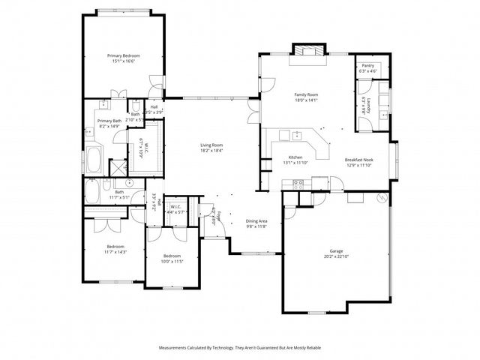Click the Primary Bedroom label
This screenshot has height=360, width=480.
point(124,55)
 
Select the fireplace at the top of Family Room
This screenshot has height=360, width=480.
point(309,51)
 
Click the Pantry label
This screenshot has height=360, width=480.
point(367,66)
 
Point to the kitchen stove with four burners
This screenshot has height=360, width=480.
point(297,183)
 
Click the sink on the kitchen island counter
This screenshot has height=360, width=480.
point(297,135)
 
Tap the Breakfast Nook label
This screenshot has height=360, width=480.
point(360,160)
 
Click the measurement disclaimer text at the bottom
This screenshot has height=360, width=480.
point(239,348)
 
